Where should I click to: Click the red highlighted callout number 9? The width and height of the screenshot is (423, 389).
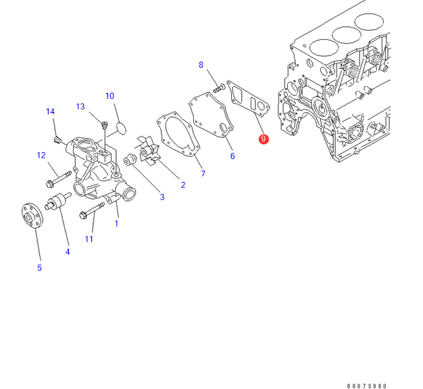click(264, 139)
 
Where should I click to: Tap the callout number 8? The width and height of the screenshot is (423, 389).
click(201, 65)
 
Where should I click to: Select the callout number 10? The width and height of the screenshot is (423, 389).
click(109, 96)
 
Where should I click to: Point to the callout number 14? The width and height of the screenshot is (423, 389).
click(50, 112)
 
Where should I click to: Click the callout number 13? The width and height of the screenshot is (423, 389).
click(80, 106)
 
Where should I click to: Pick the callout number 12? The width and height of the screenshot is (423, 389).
click(41, 156)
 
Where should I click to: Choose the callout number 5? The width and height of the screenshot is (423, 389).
click(39, 268)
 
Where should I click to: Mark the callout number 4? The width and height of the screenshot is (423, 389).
click(68, 252)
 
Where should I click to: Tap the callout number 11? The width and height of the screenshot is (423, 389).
click(89, 239)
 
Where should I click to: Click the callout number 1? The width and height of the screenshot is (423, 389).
click(116, 223)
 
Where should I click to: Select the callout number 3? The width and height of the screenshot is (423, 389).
click(161, 198)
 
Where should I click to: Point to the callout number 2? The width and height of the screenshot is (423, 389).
click(182, 185)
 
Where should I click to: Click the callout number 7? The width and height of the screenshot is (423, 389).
click(202, 174)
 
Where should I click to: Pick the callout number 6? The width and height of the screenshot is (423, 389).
click(232, 156)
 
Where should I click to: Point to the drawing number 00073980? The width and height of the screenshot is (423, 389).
click(367, 386)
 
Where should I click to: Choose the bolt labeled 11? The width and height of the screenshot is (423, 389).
click(92, 212)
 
